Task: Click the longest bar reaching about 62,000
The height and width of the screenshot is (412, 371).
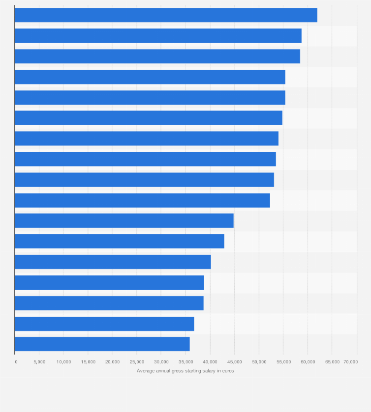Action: point(166,15)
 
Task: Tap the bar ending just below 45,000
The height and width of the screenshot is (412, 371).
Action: point(124,221)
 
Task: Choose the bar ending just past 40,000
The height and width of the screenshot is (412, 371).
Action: point(113,262)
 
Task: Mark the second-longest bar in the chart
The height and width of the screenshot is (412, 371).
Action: point(158,36)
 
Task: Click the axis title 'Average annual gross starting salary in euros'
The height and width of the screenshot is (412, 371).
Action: point(185,371)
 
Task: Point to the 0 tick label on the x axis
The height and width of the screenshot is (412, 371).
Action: point(16,362)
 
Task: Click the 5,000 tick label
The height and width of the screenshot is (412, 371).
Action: point(39,362)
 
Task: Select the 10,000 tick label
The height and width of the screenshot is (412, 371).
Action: point(63,362)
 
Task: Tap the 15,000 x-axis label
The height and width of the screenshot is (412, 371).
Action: point(88,362)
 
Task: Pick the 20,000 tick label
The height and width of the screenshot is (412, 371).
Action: point(112,362)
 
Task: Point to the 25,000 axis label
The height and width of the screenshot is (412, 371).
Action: point(137,362)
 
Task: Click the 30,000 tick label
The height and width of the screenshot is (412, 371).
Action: point(161,362)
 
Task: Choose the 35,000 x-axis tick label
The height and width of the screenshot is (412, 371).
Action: point(185,362)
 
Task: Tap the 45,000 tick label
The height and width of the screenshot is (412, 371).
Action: point(234,362)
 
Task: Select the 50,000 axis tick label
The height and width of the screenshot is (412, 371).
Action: point(259,362)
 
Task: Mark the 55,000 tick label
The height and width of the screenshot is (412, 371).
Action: point(283,362)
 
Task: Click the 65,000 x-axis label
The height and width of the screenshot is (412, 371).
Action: point(332,362)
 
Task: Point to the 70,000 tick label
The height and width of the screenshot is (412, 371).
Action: point(350,362)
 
